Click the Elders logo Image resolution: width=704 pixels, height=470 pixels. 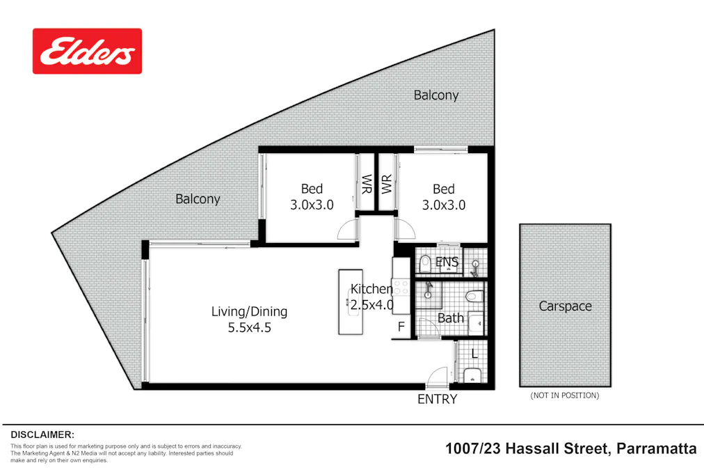[87, 51]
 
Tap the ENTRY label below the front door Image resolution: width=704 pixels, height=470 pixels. [437, 399]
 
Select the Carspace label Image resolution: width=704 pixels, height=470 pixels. [565, 306]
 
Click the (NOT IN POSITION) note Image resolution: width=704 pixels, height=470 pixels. [564, 395]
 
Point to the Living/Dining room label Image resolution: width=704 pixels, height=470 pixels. [249, 311]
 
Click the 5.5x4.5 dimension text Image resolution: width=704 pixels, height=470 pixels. [249, 327]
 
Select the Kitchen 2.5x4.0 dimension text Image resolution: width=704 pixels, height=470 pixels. [371, 304]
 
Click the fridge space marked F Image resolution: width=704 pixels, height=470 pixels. [401, 326]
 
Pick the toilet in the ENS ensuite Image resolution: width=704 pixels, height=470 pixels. [425, 263]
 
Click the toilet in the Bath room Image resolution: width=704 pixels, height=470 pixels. [474, 297]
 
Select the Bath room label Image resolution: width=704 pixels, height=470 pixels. [450, 318]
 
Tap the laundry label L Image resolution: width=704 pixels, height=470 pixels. [474, 354]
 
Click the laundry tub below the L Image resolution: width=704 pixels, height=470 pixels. [472, 376]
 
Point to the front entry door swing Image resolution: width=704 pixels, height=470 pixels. [437, 377]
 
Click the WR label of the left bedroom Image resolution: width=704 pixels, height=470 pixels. [366, 185]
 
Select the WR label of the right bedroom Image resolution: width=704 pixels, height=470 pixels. [387, 185]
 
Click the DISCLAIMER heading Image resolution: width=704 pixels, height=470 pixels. [42, 434]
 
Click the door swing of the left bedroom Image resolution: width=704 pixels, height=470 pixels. [347, 230]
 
